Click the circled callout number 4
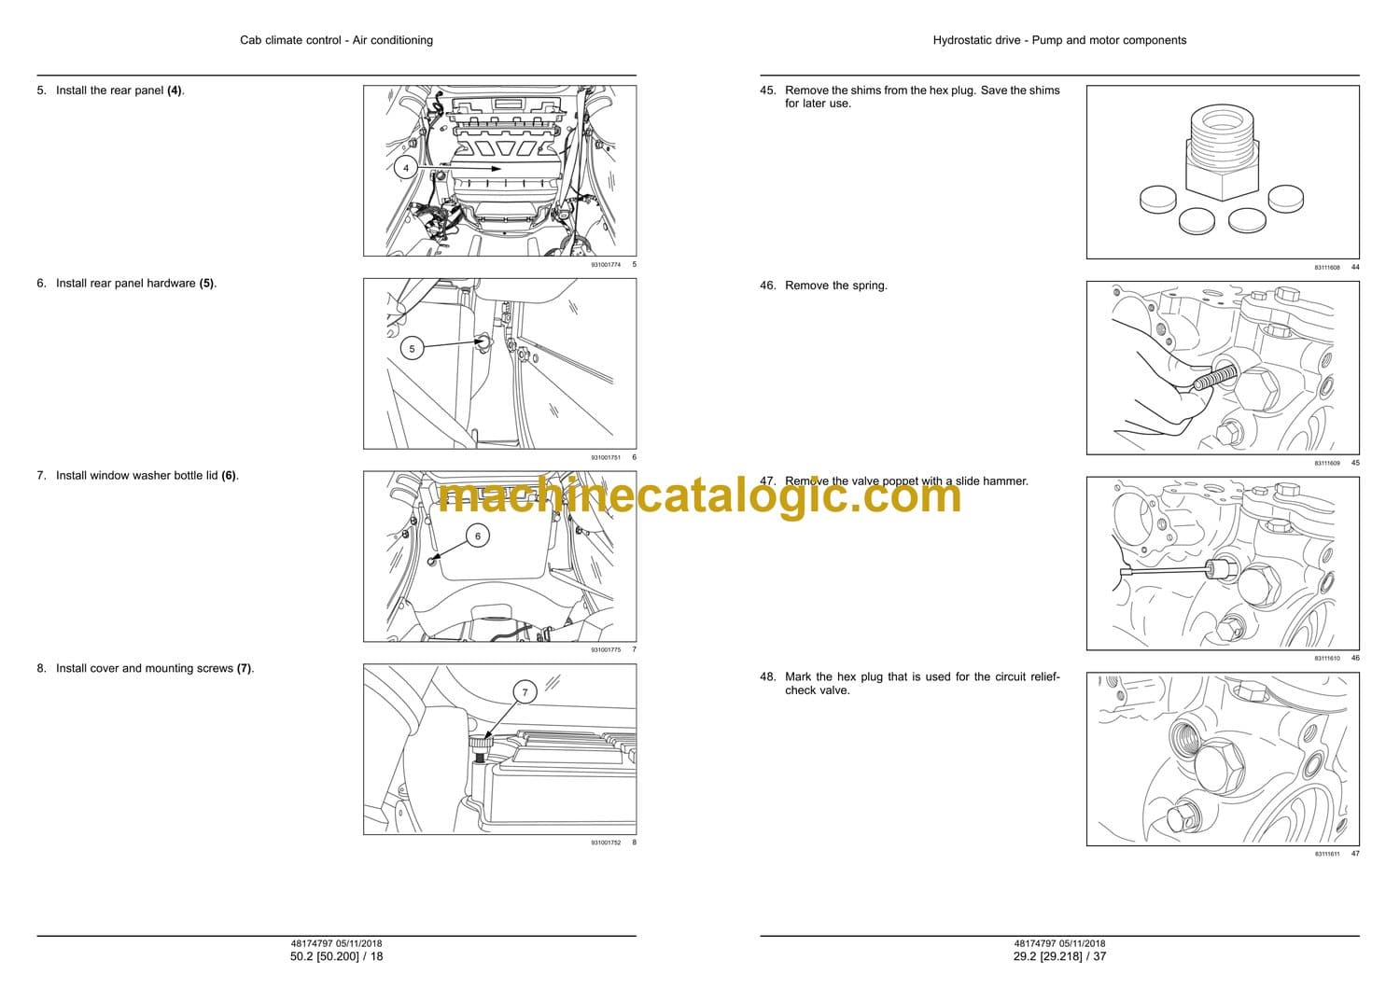[406, 168]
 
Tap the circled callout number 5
[412, 349]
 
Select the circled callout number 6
[478, 536]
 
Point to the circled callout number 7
[525, 692]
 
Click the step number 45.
[767, 91]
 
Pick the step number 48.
[767, 676]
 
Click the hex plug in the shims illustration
[1222, 153]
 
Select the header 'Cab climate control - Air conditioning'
[336, 40]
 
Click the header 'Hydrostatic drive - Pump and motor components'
[1059, 40]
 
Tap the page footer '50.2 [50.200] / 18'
[336, 956]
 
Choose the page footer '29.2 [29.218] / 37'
[1059, 956]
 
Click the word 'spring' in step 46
[868, 286]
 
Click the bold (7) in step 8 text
[244, 668]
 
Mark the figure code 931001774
[606, 265]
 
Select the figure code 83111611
[1327, 854]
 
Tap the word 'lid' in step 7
[211, 476]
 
